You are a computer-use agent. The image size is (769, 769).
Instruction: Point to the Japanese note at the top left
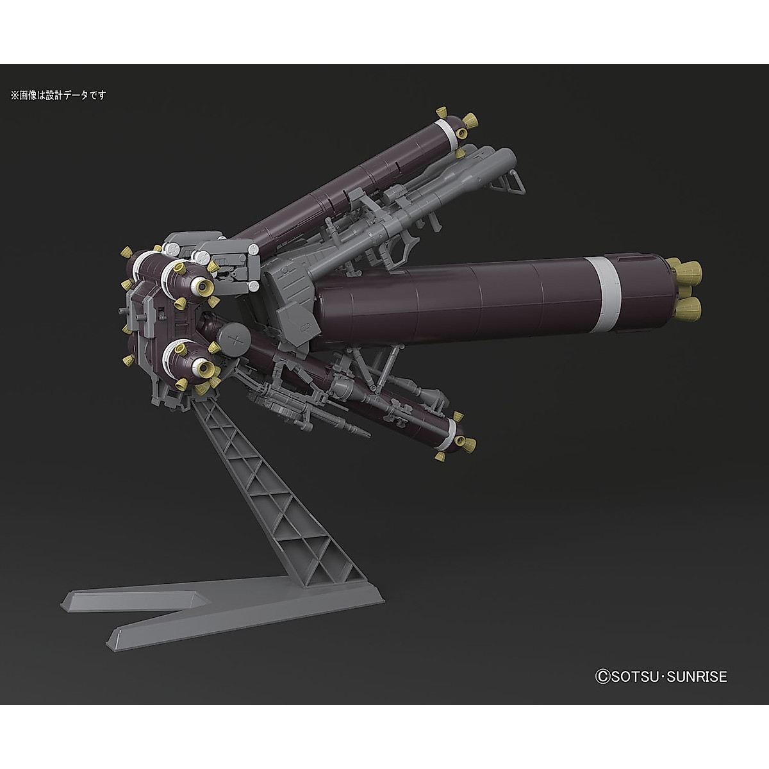point(58,95)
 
